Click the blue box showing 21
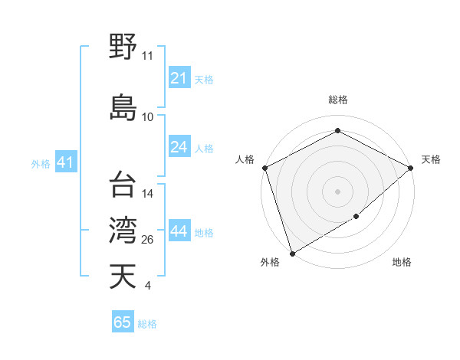[x=179, y=78]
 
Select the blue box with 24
[x=179, y=147]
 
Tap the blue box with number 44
[x=179, y=231]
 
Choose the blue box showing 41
[x=65, y=162]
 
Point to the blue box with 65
[x=123, y=322]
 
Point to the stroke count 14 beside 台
[x=148, y=194]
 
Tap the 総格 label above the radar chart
[x=337, y=100]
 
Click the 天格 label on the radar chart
[x=431, y=159]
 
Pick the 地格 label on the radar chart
[x=402, y=263]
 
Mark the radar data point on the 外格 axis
[x=291, y=253]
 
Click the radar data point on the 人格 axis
[x=264, y=167]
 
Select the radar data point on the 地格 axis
[x=356, y=217]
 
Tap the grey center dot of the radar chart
[x=337, y=191]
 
